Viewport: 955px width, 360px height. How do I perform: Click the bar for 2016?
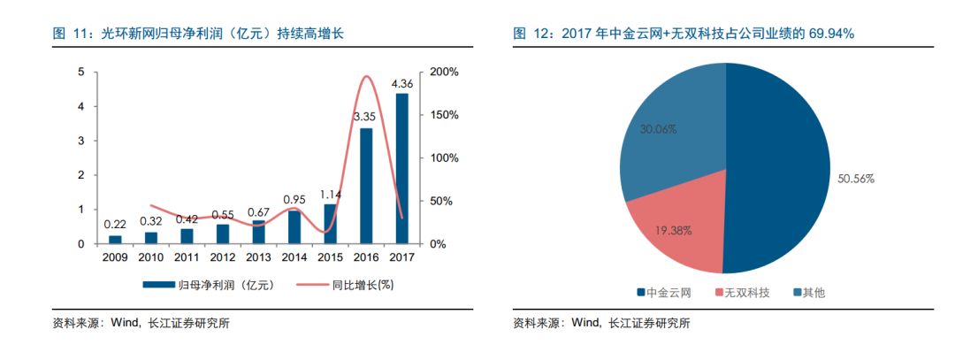click(366, 186)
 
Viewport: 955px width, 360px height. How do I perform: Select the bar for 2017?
click(402, 168)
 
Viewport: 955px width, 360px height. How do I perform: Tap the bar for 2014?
click(294, 226)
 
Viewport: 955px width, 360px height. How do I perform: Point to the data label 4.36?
click(402, 84)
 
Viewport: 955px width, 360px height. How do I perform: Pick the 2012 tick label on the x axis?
click(222, 257)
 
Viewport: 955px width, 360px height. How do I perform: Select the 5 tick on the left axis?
click(81, 72)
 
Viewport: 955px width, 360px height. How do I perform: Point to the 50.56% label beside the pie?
click(856, 179)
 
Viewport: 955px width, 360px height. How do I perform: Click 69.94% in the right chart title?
click(828, 34)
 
